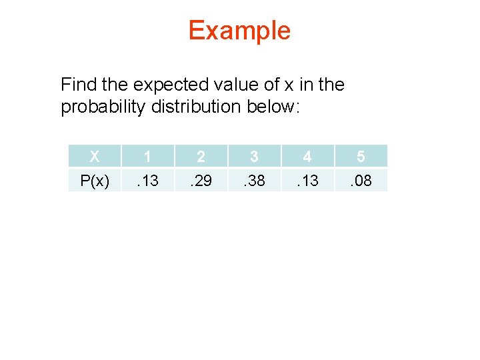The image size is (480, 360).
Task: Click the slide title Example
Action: pos(239,31)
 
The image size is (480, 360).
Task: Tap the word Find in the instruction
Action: pos(77,85)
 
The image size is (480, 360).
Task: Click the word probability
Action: pos(103,107)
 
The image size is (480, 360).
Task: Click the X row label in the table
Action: pos(95,157)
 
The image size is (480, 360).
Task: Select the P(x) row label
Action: pos(95,180)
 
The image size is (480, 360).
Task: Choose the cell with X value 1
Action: pos(147,157)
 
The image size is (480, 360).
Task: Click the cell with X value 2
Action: pos(201,157)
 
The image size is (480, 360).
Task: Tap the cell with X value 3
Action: pos(254,157)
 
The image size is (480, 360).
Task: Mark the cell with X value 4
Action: pos(307,157)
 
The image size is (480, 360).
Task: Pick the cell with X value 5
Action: pos(360,157)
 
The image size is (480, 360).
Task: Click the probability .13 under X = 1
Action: pos(147,180)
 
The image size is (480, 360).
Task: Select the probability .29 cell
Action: pos(201,180)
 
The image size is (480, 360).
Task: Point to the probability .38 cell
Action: pos(254,180)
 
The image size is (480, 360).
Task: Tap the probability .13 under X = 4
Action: pos(307,180)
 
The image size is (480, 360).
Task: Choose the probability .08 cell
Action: pos(360,180)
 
